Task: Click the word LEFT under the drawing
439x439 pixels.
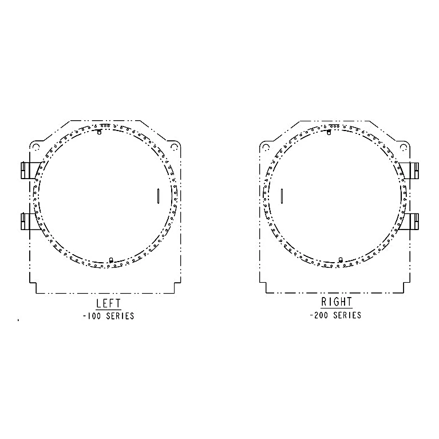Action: [108, 303]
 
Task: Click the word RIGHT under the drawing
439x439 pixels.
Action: [337, 302]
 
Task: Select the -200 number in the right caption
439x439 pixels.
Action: [319, 315]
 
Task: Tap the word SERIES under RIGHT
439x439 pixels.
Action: [347, 315]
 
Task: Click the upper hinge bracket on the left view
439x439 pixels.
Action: [29, 170]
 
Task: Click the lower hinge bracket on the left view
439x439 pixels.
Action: [28, 221]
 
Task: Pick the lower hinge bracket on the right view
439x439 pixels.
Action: [410, 222]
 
